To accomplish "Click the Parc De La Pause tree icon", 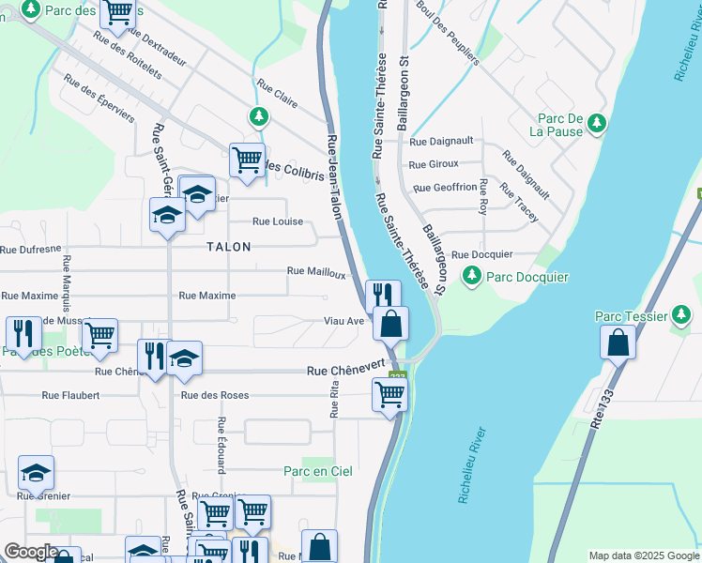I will (x=596, y=125).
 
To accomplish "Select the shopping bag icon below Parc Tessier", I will (x=618, y=343).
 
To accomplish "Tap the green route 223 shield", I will (x=397, y=377).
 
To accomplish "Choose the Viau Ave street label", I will (x=343, y=321).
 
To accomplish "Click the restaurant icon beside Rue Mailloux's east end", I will (x=382, y=295).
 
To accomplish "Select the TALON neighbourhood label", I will (x=229, y=247).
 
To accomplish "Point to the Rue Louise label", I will (x=277, y=221).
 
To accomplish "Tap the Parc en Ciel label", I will (x=318, y=471).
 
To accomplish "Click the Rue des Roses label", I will (x=215, y=395).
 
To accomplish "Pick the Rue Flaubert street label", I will (x=70, y=395).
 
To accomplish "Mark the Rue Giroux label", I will (x=434, y=164).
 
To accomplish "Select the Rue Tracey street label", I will (x=519, y=204).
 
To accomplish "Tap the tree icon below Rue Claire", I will (x=258, y=117).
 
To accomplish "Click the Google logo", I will (x=31, y=552).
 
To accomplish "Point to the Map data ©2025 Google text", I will (x=643, y=555).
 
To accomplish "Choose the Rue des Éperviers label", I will (x=99, y=98).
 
